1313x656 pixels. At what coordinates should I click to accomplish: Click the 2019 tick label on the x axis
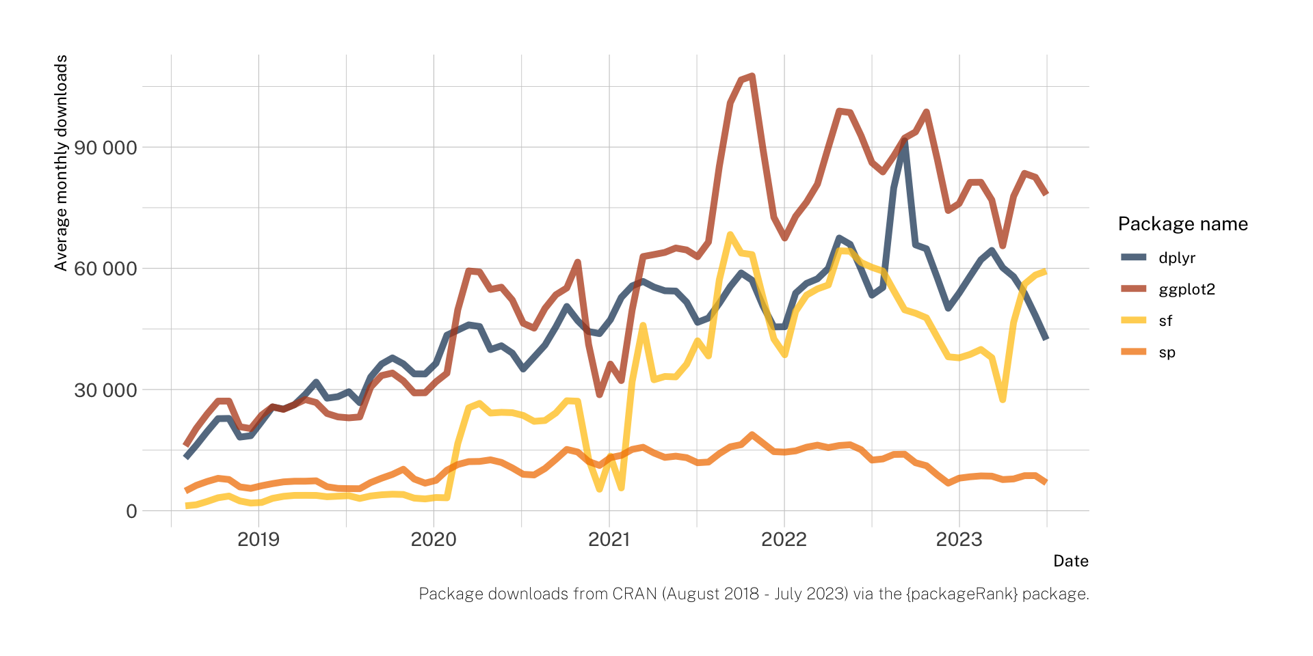click(258, 539)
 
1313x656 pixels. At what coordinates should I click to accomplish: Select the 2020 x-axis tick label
click(434, 539)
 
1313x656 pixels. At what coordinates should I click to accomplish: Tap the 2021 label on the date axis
click(609, 539)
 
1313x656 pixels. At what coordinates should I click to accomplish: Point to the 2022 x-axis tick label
click(784, 539)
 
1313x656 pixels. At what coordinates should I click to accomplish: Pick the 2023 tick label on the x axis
click(959, 539)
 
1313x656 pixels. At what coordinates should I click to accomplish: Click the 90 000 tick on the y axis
click(105, 148)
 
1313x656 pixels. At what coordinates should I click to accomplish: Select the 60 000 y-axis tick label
click(105, 269)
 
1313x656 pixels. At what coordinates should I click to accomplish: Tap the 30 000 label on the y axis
click(105, 390)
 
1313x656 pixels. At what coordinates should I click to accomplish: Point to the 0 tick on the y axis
click(131, 511)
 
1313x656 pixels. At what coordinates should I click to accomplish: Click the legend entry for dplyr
click(1177, 258)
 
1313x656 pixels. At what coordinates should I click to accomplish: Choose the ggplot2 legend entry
click(1186, 289)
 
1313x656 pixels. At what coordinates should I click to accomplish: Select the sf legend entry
click(1165, 320)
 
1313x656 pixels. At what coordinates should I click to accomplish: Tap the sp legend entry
click(1167, 352)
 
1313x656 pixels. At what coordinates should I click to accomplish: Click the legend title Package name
click(1182, 223)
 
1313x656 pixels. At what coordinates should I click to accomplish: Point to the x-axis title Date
click(1070, 561)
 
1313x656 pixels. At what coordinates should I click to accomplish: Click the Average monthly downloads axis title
click(61, 163)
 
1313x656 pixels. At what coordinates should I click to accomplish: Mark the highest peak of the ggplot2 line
click(752, 76)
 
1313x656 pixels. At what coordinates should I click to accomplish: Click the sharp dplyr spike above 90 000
click(904, 141)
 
